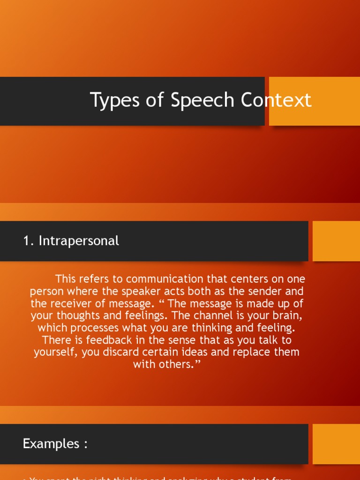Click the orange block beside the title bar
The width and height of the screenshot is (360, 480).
pyautogui.click(x=315, y=101)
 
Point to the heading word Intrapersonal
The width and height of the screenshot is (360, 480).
pyautogui.click(x=79, y=241)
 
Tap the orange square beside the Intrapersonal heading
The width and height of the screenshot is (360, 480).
pyautogui.click(x=336, y=241)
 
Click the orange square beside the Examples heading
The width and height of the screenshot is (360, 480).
pyautogui.click(x=336, y=444)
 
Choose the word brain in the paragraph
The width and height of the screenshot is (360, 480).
pyautogui.click(x=285, y=315)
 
